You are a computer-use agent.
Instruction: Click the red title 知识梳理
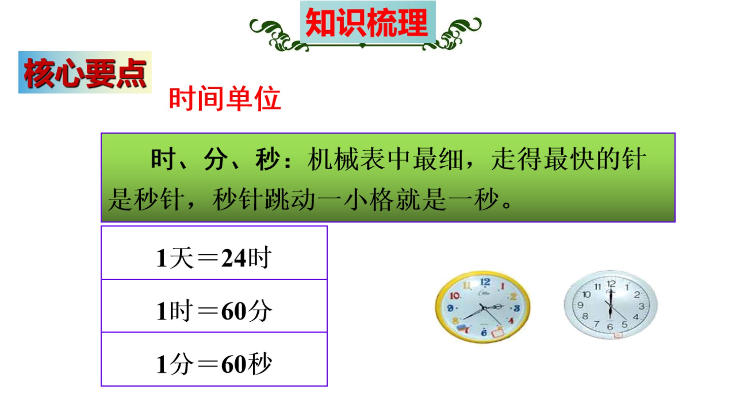click(367, 23)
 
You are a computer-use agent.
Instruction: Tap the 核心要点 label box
click(85, 72)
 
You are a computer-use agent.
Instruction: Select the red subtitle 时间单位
click(225, 99)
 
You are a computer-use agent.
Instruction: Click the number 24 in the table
click(234, 258)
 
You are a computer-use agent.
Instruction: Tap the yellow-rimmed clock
click(483, 307)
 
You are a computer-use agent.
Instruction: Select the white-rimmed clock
click(611, 304)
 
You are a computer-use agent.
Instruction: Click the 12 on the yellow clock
click(485, 282)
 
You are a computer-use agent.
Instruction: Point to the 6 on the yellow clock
click(484, 333)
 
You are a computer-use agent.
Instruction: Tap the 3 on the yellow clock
click(517, 308)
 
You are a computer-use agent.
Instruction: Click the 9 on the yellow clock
click(450, 308)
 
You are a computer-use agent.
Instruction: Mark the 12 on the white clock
click(611, 284)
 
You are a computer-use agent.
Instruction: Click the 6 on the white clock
click(610, 326)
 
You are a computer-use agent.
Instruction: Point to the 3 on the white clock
click(642, 306)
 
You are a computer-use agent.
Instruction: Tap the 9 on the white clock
click(580, 305)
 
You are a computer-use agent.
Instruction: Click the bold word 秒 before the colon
click(268, 159)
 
